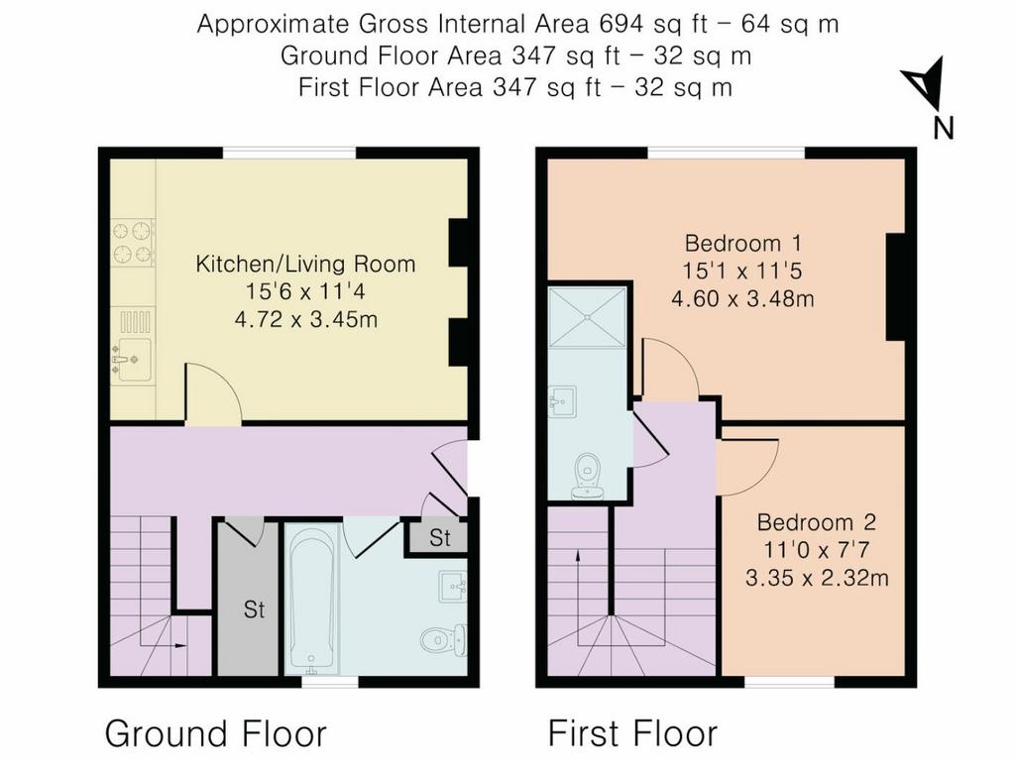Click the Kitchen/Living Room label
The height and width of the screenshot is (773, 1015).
(x=305, y=265)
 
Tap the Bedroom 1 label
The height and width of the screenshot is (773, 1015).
(x=743, y=244)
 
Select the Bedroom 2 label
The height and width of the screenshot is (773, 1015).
(x=817, y=522)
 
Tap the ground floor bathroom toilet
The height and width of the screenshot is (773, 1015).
(x=444, y=641)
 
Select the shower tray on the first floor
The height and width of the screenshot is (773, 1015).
(x=588, y=317)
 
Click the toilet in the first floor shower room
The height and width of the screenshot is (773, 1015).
(x=588, y=476)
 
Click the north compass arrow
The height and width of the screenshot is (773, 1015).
(x=924, y=83)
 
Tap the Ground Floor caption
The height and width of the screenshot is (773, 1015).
(x=215, y=734)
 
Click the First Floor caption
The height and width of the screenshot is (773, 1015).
(x=632, y=734)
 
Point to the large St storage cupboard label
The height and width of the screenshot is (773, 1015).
(x=255, y=609)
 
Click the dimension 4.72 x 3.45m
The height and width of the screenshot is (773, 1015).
(x=305, y=320)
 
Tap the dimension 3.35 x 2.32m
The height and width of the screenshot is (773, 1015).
(x=817, y=578)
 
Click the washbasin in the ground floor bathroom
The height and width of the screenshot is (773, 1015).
(x=452, y=588)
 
